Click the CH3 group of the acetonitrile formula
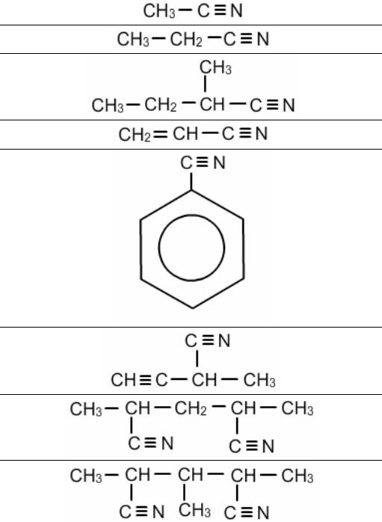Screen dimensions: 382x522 159,10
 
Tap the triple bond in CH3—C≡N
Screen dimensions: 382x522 220,10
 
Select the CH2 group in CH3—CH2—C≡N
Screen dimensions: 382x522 186,40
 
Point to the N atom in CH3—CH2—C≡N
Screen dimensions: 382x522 263,39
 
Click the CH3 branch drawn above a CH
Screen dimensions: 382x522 215,67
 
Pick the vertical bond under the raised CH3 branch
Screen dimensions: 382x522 205,84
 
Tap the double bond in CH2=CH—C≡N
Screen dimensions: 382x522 161,134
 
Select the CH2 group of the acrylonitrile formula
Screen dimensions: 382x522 135,135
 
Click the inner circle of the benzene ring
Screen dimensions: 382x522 191,248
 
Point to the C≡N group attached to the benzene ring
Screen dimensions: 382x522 203,163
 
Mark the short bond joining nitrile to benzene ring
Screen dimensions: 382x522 191,181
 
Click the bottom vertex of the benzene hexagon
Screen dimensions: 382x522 192,308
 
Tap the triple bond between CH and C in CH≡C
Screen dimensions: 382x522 145,379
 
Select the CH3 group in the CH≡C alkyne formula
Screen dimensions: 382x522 259,380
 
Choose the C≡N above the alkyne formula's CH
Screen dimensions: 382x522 208,340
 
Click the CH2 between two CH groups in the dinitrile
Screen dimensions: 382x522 191,408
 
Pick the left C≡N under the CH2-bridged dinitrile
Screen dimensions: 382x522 151,443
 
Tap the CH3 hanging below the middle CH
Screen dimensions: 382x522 194,510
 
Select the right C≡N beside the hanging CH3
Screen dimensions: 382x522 247,512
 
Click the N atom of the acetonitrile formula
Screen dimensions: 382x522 236,10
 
